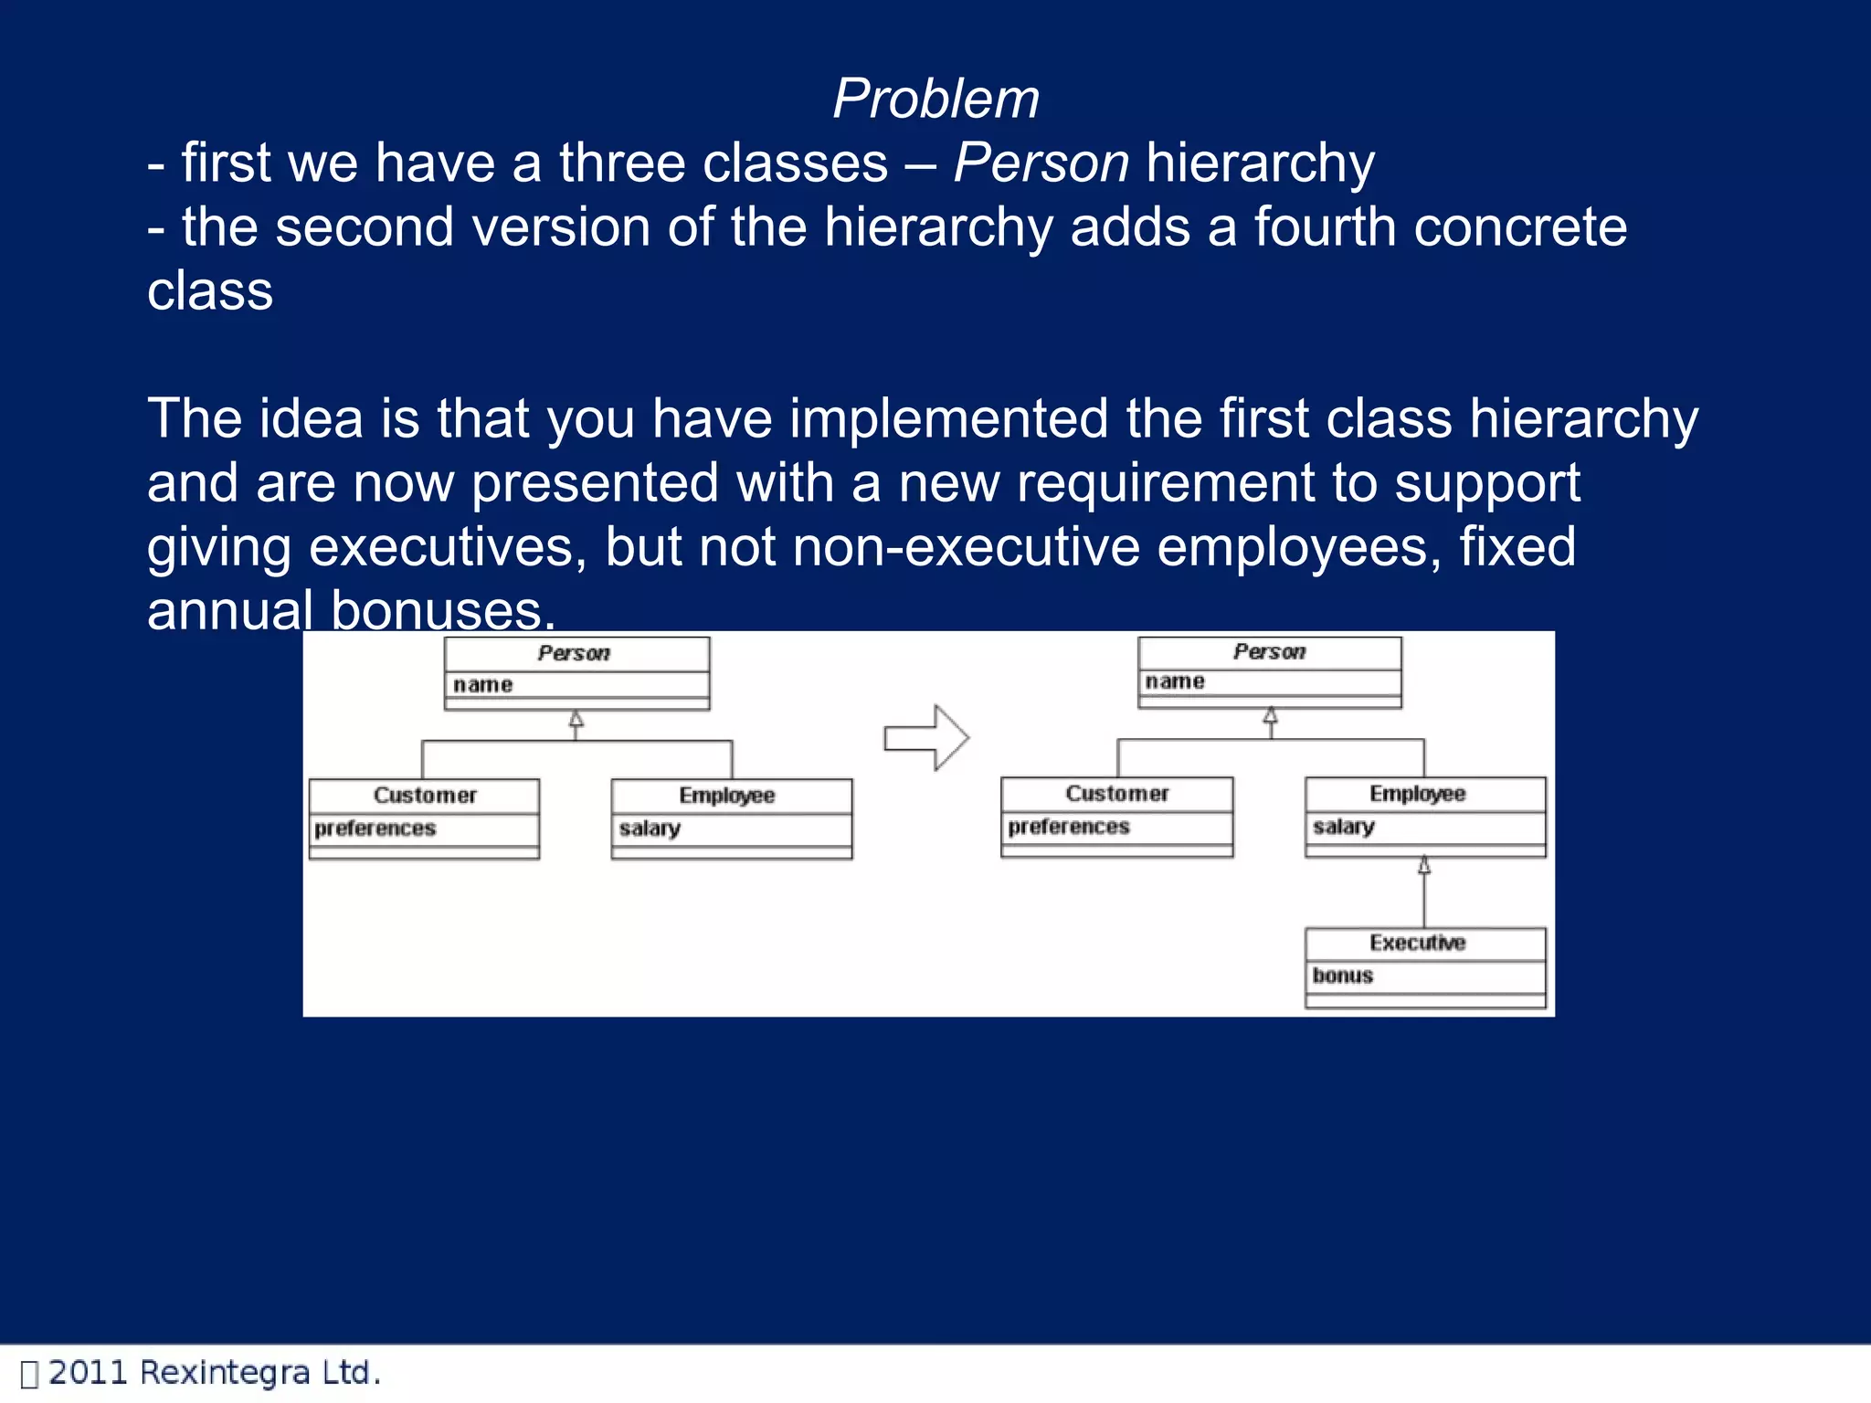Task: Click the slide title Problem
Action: click(935, 99)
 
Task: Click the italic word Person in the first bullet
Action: click(1041, 164)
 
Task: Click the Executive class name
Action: click(1417, 943)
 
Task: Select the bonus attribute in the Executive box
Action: click(1342, 976)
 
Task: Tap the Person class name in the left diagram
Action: click(574, 653)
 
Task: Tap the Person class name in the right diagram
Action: click(1269, 651)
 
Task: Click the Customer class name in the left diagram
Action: click(425, 796)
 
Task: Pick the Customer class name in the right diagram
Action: click(1116, 794)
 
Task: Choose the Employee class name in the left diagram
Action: click(726, 796)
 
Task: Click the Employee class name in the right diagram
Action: click(1417, 794)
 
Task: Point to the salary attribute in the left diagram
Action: click(650, 828)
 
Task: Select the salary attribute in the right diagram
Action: click(1343, 827)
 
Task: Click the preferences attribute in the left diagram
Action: click(375, 828)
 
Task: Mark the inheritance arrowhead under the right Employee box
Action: click(1423, 866)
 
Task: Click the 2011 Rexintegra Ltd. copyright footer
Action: click(214, 1373)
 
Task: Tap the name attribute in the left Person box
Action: click(482, 685)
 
